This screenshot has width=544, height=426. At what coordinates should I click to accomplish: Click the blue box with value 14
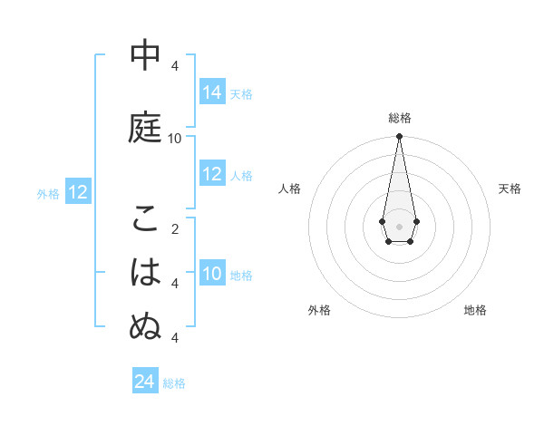(212, 92)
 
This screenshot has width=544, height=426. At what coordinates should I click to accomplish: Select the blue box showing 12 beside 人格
(212, 175)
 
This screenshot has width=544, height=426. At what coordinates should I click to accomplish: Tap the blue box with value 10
(212, 274)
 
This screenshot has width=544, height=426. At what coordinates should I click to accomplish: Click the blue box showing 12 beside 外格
(77, 192)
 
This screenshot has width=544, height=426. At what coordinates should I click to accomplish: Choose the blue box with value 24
(144, 382)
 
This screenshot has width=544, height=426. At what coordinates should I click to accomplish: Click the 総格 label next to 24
(175, 383)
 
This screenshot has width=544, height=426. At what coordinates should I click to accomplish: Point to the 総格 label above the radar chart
(400, 118)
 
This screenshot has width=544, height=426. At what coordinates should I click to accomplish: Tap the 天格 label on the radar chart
(510, 189)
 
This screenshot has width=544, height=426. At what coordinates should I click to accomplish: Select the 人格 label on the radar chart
(289, 189)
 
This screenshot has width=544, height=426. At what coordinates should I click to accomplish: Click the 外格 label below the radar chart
(319, 310)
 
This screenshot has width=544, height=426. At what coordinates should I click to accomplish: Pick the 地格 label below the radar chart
(475, 310)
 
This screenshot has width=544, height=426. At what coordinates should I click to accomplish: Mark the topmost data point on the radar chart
(399, 136)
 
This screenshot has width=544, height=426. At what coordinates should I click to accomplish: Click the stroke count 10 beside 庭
(175, 138)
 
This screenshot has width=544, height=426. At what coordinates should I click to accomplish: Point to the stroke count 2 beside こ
(175, 228)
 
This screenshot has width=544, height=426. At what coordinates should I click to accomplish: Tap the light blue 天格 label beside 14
(241, 93)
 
